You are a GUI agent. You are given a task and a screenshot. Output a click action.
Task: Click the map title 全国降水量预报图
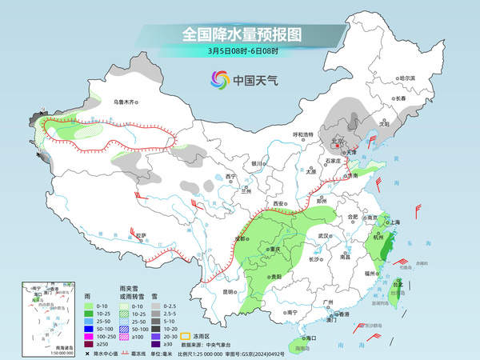[240, 34]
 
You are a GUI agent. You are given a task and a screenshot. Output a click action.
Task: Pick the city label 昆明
[229, 291]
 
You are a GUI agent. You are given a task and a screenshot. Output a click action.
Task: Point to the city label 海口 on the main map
[311, 339]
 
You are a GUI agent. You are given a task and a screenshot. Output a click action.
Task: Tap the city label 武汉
[324, 236]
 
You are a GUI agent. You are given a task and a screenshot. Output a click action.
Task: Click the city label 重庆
[277, 250]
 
